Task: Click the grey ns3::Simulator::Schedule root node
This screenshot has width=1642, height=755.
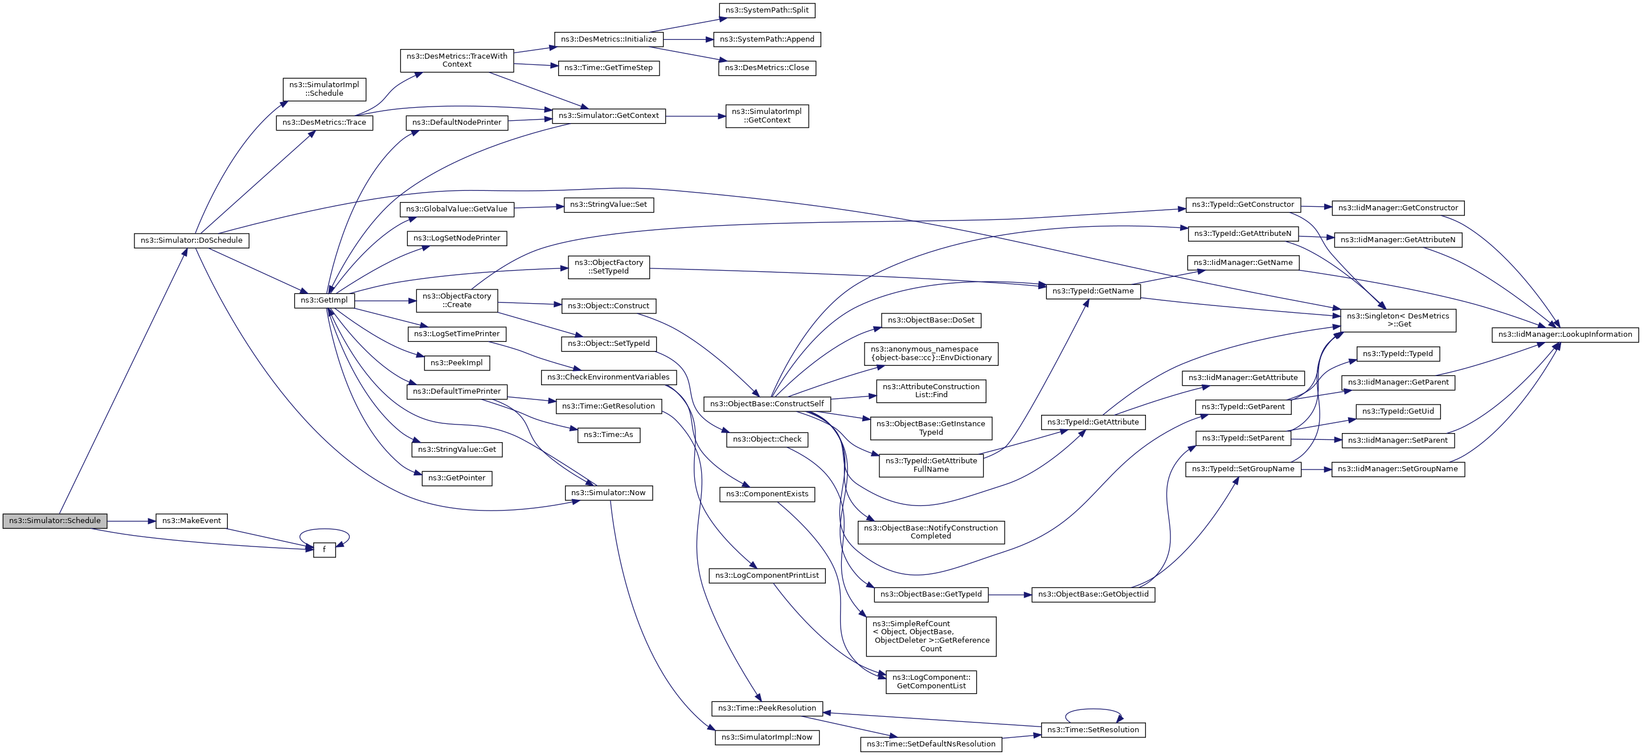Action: (x=55, y=521)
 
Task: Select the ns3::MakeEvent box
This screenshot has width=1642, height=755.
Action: (x=191, y=521)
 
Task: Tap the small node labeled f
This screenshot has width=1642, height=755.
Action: (x=324, y=550)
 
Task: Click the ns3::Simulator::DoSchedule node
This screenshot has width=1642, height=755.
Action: (x=191, y=240)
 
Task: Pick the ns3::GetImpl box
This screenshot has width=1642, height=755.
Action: (x=324, y=300)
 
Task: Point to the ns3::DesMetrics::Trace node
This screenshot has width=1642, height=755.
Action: (x=324, y=123)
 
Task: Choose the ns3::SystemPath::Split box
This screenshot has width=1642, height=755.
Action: (x=767, y=10)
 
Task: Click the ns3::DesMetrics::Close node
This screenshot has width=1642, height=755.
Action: (x=767, y=68)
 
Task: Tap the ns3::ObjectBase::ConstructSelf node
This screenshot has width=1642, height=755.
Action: (x=767, y=403)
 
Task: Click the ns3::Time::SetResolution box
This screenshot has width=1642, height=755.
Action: (x=1093, y=729)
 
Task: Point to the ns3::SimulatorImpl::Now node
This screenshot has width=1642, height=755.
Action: (x=767, y=737)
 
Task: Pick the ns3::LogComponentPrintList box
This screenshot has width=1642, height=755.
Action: (x=767, y=575)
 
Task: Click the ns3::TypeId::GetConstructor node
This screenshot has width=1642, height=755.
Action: (x=1243, y=205)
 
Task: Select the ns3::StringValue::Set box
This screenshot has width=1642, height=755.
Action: (x=609, y=205)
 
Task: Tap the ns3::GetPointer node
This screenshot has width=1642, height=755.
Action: (x=456, y=478)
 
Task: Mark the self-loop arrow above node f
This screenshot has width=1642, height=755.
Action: (x=325, y=529)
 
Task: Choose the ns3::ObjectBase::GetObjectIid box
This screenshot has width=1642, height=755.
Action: (x=1093, y=594)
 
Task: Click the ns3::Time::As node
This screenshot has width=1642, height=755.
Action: (x=609, y=435)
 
